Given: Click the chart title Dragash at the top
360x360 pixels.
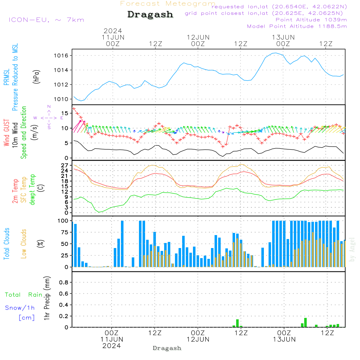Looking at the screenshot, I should (150, 15).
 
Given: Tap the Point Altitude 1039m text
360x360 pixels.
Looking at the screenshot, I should (311, 20).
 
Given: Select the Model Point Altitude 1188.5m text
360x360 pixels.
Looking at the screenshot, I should (297, 26).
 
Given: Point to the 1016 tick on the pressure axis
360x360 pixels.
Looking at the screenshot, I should (61, 55).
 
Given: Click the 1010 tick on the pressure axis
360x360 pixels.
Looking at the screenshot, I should (61, 99).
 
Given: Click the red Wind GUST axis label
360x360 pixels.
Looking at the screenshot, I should (7, 133).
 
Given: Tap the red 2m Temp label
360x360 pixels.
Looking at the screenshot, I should (15, 190).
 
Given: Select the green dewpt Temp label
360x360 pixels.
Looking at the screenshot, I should (32, 190).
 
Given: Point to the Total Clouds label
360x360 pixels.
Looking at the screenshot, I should (7, 244).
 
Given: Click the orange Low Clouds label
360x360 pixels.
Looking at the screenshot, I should (24, 244).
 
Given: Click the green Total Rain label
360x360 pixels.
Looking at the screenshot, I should (24, 295).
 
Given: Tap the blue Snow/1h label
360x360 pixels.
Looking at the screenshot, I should (20, 308).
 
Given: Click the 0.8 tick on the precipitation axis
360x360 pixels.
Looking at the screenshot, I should (64, 283).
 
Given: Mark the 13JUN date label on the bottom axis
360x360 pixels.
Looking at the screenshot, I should (284, 339).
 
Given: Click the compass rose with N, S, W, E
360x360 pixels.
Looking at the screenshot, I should (49, 117).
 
